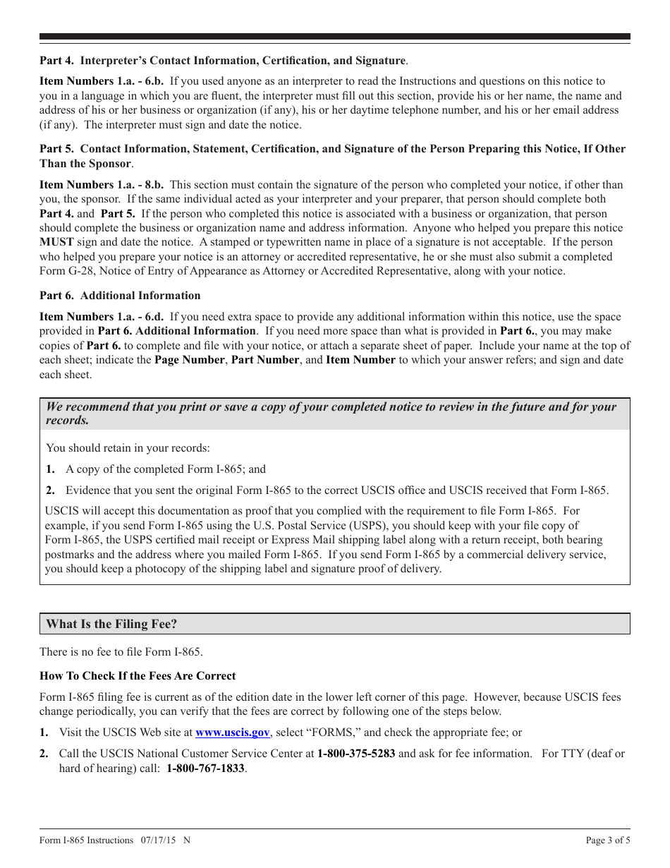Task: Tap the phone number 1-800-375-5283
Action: [x=356, y=754]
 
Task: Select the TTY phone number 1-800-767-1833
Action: [x=206, y=768]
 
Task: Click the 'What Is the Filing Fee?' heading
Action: [x=111, y=625]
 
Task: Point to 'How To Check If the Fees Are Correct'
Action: [x=138, y=676]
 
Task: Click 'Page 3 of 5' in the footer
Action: [x=608, y=840]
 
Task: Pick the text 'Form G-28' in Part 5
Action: [x=63, y=272]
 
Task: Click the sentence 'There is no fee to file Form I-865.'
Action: [x=121, y=652]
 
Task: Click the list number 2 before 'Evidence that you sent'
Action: [x=50, y=490]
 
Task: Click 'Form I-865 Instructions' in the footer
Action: [x=86, y=840]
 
